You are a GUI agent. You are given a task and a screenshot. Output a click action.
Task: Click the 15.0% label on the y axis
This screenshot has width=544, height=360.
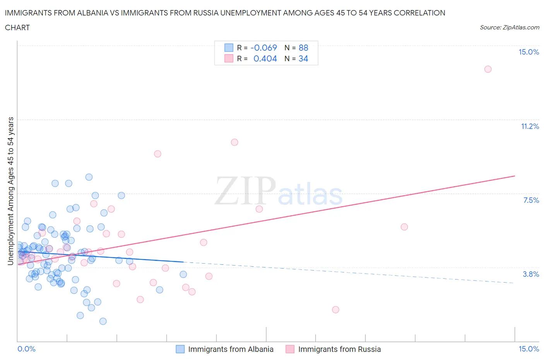click(x=529, y=52)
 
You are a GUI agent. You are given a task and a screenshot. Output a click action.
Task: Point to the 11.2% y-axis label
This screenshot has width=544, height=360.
click(x=530, y=127)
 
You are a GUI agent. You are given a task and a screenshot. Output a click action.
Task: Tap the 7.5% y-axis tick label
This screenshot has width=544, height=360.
click(x=531, y=201)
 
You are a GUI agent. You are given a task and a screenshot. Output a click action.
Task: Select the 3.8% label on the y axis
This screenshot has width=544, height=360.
click(x=531, y=274)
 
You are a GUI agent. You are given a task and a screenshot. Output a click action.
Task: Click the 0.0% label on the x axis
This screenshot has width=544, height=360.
click(x=27, y=349)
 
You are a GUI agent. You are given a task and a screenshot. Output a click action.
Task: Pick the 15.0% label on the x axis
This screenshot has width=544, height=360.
click(x=529, y=349)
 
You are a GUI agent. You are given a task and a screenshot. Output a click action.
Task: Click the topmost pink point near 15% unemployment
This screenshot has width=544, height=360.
click(x=488, y=69)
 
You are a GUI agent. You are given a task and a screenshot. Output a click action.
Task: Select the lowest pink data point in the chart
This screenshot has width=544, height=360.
click(x=335, y=310)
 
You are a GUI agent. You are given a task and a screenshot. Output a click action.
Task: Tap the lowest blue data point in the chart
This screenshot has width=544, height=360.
click(x=103, y=321)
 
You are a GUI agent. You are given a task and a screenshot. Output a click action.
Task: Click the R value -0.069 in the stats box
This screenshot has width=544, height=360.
click(x=264, y=48)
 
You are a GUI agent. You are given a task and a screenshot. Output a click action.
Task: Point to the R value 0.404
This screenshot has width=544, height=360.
click(x=265, y=59)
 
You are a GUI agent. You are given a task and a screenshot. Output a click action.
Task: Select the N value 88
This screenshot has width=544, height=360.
click(x=303, y=48)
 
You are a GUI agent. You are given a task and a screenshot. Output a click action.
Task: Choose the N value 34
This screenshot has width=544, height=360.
click(x=303, y=59)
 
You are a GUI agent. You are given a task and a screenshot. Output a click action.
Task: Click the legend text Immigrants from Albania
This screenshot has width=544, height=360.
click(x=231, y=350)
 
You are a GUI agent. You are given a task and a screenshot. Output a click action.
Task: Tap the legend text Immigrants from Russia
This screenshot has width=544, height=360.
click(x=339, y=350)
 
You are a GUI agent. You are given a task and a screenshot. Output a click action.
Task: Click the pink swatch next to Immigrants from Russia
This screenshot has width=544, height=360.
click(x=290, y=350)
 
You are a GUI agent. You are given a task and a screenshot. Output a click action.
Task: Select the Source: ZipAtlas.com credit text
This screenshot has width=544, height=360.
click(x=509, y=27)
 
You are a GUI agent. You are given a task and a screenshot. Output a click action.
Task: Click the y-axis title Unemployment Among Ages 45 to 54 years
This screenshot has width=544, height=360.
click(x=11, y=191)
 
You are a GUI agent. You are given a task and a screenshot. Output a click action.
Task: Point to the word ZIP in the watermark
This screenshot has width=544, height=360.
click(x=245, y=191)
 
